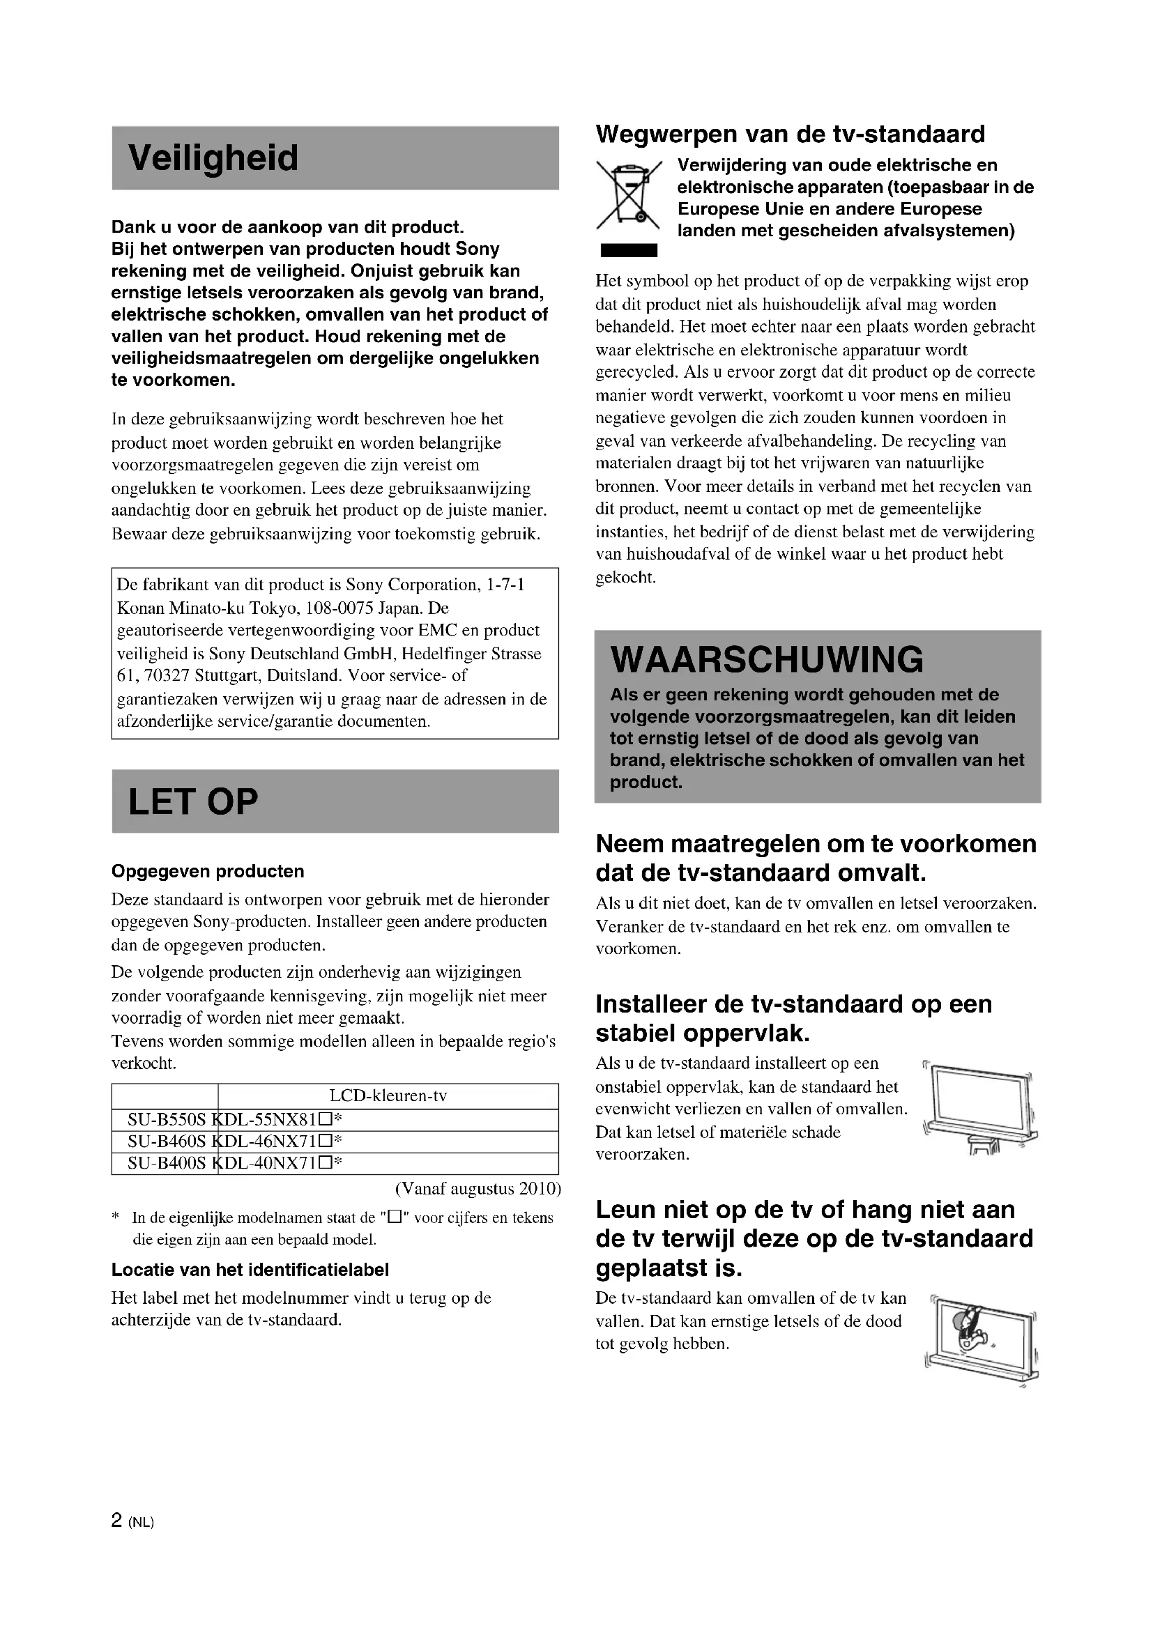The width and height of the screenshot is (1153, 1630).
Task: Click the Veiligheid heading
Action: coord(213,157)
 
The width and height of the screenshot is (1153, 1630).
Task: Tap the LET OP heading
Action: coord(193,801)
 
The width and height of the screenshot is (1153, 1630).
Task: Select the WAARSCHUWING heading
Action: coord(767,660)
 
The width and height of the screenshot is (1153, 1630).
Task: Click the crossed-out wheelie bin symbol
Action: coord(628,194)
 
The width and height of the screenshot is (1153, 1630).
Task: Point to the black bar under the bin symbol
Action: coord(628,250)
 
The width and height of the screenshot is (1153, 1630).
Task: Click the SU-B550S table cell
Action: coord(165,1120)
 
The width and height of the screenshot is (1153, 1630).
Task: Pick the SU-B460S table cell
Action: coord(165,1141)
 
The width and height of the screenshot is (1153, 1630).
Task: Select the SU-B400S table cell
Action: coord(165,1163)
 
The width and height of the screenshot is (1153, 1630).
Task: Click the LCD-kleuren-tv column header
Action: coord(388,1095)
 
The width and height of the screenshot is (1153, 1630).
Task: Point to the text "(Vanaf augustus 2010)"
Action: coord(478,1188)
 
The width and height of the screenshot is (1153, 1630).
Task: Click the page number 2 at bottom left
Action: coord(117,1521)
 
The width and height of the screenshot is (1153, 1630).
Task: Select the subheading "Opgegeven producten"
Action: coord(207,871)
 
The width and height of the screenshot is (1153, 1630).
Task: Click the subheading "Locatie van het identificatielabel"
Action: coord(250,1269)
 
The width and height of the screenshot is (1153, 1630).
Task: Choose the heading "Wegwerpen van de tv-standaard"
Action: coord(791,134)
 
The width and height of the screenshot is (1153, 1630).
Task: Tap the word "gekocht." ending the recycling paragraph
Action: coord(625,577)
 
